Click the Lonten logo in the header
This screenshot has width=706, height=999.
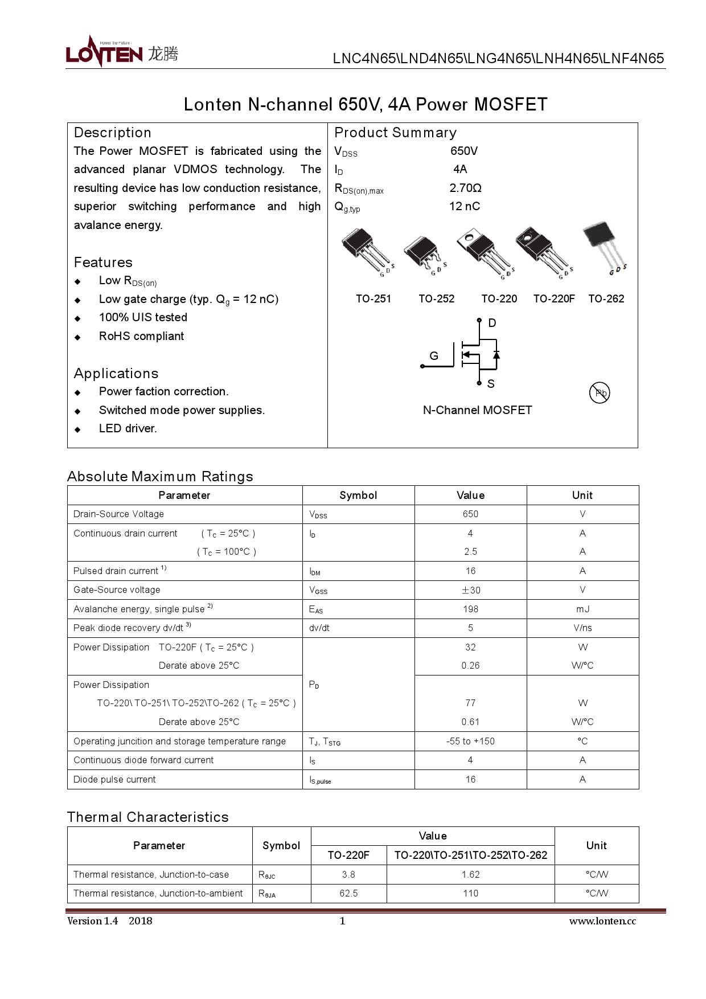coord(122,53)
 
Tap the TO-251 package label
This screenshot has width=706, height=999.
coord(373,298)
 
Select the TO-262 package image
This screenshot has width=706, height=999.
coord(603,246)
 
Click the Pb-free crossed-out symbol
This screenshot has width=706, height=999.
coord(600,392)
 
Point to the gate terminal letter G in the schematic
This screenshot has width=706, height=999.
coord(434,356)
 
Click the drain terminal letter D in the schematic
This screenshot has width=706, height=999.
coord(492,323)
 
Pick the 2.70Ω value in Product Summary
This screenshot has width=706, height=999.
coord(465,188)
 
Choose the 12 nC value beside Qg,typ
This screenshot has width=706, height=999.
coord(464,206)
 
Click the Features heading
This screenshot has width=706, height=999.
coord(103,263)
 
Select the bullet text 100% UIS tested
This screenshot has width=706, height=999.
coord(143,317)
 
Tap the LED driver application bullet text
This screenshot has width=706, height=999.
coord(128,428)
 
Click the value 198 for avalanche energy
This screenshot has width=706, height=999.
coord(470,609)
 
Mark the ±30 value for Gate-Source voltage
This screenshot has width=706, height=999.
coord(470,590)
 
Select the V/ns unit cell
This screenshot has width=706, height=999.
coord(582,628)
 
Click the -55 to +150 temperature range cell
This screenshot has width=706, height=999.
coord(470,741)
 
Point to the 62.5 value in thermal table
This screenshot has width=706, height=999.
coord(348,893)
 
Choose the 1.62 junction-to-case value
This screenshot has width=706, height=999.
coord(470,874)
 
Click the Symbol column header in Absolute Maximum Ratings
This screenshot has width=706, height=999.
coord(358,495)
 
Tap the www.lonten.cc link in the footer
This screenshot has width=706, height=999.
coord(602,921)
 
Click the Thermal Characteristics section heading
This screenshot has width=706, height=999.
coord(148,817)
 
